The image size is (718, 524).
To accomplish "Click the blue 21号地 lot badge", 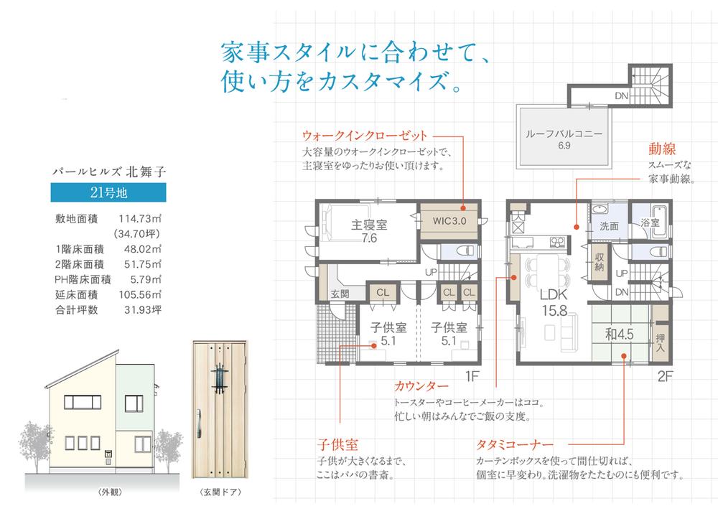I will [108, 192].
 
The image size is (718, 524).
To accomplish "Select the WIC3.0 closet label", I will [449, 221].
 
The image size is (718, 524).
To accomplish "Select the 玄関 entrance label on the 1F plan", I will [340, 293].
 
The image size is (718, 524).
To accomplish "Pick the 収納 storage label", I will [598, 261].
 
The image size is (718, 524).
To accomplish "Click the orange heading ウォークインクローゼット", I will [365, 135].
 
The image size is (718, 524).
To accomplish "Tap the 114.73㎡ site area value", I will [142, 218].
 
